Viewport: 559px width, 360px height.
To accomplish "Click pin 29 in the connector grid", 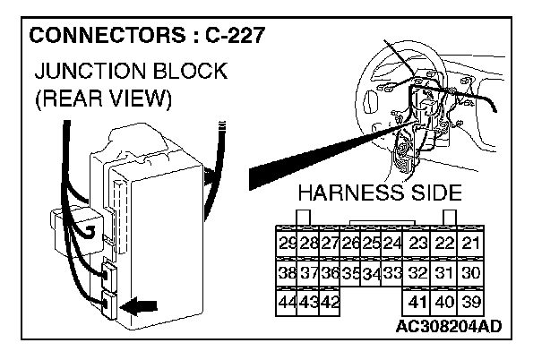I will point(288,244).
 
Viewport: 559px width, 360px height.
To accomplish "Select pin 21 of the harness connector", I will point(471,244).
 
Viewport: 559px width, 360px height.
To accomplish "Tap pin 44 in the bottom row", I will point(288,302).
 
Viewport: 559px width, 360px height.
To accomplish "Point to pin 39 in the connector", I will point(471,302).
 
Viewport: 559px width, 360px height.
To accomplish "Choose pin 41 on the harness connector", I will point(417,302).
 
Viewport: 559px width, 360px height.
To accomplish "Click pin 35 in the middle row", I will point(350,273).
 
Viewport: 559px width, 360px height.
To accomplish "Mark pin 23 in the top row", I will point(417,244).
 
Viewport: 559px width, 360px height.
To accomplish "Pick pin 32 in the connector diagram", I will point(417,273).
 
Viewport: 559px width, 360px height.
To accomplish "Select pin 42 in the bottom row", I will point(329,302).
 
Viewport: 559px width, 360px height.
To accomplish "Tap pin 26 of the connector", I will point(350,244).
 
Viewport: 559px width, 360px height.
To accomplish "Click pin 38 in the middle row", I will point(288,273).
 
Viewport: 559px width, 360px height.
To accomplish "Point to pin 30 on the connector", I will point(471,273).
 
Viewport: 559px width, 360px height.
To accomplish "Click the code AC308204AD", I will point(448,326).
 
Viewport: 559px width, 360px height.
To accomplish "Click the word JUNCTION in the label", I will point(83,71).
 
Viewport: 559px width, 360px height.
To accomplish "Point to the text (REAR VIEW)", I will point(102,98).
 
